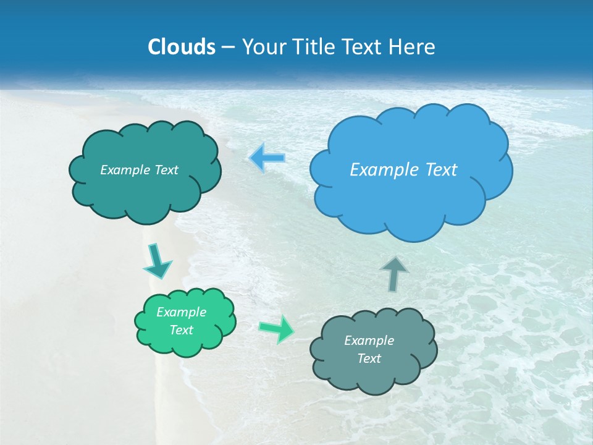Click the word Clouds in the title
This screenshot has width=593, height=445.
(x=181, y=47)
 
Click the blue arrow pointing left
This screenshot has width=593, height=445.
(x=267, y=158)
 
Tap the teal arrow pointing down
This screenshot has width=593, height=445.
(x=157, y=261)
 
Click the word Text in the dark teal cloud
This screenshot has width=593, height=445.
(x=166, y=170)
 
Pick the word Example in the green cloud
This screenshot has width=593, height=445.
(x=181, y=312)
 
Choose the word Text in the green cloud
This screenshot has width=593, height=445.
(x=181, y=330)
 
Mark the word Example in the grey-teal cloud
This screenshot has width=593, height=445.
(x=369, y=341)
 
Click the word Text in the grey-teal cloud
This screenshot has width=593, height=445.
(x=369, y=358)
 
